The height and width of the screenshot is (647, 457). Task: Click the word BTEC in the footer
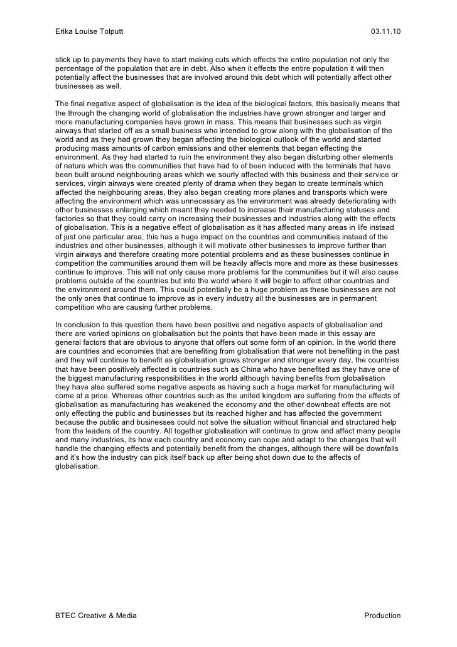click(66, 615)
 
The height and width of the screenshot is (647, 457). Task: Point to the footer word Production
click(382, 615)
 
